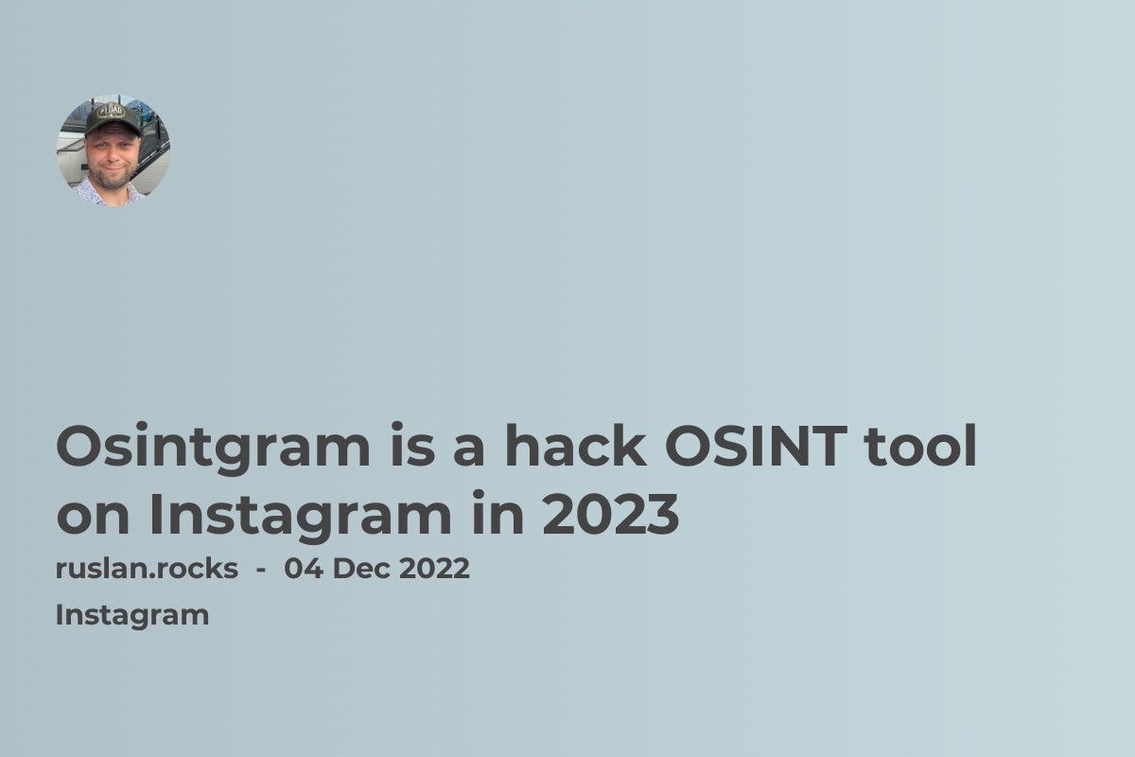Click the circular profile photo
coord(113,150)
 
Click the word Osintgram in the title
coord(213,449)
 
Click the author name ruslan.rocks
coord(147,569)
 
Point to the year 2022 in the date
coord(434,569)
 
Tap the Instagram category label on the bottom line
coord(132,615)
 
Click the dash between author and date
coord(260,570)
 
